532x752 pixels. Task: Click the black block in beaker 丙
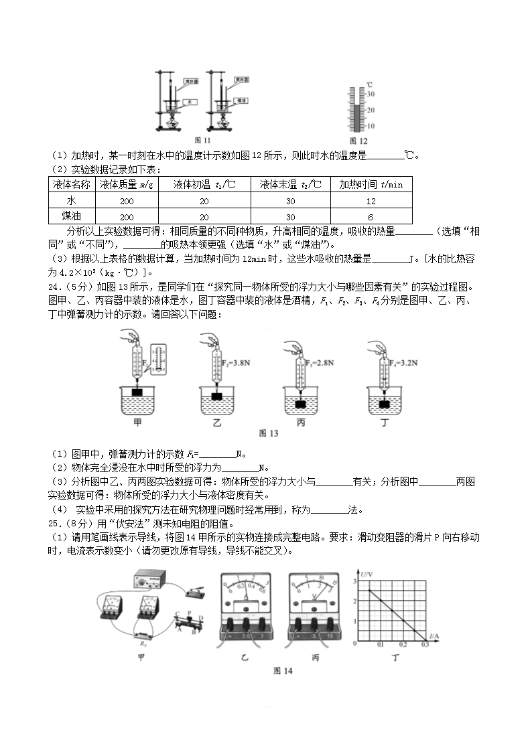(x=301, y=405)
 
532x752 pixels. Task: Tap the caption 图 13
(x=268, y=433)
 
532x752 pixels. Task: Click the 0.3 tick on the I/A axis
(x=424, y=644)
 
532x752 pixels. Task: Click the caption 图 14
(x=283, y=670)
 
